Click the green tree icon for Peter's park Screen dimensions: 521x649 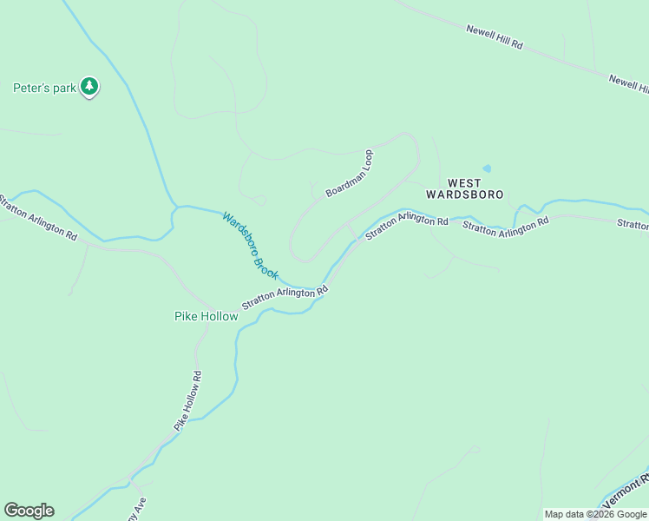89,86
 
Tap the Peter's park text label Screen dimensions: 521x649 45,88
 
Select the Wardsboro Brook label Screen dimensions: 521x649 251,246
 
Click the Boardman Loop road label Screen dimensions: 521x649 349,173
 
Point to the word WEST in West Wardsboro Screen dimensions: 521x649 464,182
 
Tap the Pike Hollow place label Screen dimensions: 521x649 206,316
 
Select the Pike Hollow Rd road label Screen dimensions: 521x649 188,400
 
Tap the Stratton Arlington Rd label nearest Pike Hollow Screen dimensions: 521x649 285,297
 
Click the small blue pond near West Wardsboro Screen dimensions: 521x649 487,168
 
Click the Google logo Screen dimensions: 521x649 29,511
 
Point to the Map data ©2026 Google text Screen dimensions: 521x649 595,514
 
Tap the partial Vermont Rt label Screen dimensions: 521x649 626,491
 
